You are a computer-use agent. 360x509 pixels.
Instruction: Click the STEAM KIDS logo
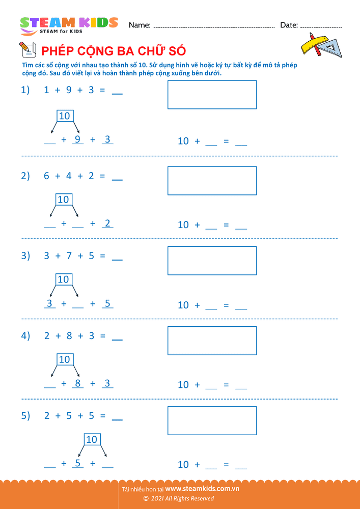[x=69, y=25]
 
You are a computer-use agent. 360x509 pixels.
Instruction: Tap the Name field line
[x=214, y=26]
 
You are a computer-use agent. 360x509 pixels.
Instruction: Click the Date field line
[x=321, y=26]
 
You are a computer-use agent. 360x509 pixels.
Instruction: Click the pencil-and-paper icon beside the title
[x=26, y=50]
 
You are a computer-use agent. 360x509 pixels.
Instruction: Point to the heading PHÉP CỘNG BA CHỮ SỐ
[x=113, y=51]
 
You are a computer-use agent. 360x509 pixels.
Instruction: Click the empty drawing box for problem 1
[x=212, y=95]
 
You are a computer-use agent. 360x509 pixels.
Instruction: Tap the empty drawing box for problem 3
[x=212, y=260]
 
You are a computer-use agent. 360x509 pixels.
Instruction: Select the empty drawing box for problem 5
[x=212, y=420]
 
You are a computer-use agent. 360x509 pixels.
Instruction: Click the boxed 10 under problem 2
[x=63, y=199]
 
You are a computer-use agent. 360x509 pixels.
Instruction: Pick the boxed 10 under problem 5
[x=92, y=439]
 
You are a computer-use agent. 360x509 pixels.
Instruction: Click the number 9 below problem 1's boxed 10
[x=77, y=139]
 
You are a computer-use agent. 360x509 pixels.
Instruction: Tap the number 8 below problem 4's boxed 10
[x=77, y=383]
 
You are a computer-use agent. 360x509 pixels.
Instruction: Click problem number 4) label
[x=25, y=336]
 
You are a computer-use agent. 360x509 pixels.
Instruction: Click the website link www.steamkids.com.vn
[x=202, y=489]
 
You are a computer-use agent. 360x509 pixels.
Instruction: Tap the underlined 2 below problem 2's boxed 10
[x=107, y=223]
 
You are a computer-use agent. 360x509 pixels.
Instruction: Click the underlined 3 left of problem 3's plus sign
[x=49, y=303]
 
